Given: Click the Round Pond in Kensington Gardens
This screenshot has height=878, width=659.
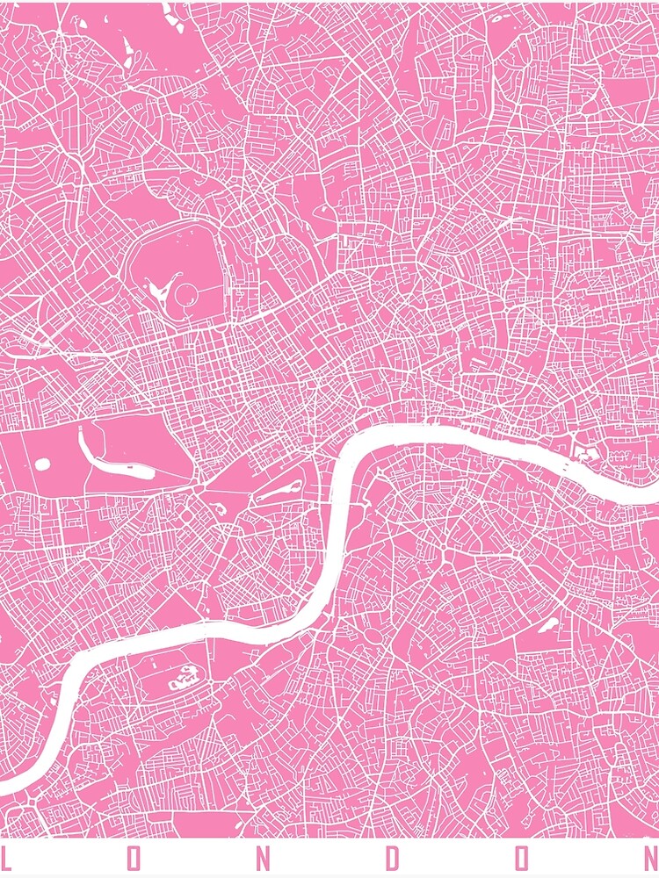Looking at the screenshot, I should [41, 463].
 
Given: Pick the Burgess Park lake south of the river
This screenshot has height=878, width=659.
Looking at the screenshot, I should [547, 625].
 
